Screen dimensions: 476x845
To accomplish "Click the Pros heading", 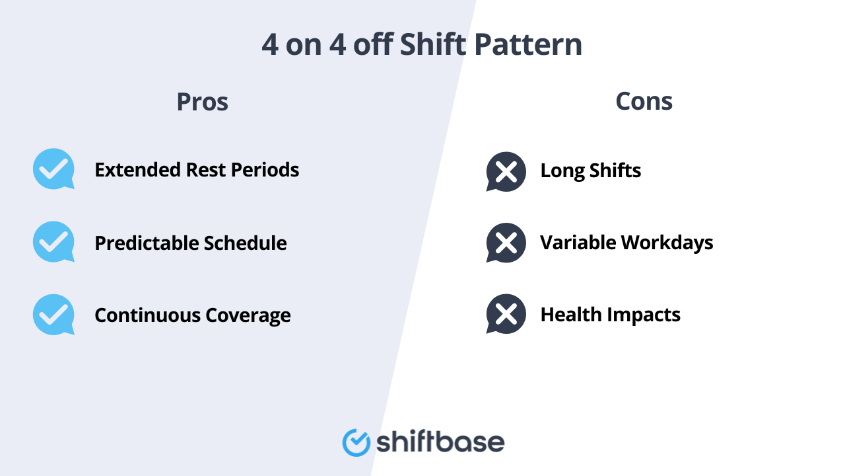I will tap(202, 102).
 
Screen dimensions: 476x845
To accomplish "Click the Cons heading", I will tap(644, 101).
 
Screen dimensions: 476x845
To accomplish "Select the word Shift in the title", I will tap(433, 45).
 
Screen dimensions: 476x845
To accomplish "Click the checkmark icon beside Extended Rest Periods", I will tap(53, 169).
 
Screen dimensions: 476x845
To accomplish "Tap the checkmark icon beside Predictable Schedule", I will tap(53, 241).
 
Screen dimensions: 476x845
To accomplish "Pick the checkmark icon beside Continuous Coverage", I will tap(53, 314).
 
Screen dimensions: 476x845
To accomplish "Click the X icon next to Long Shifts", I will tap(506, 171).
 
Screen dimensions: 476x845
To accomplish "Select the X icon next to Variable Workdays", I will tap(506, 243).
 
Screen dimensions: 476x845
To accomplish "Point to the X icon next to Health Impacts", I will tap(506, 314).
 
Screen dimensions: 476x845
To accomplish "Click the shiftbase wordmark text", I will tap(440, 442).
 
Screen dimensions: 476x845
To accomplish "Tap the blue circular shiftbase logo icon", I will tap(356, 442).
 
